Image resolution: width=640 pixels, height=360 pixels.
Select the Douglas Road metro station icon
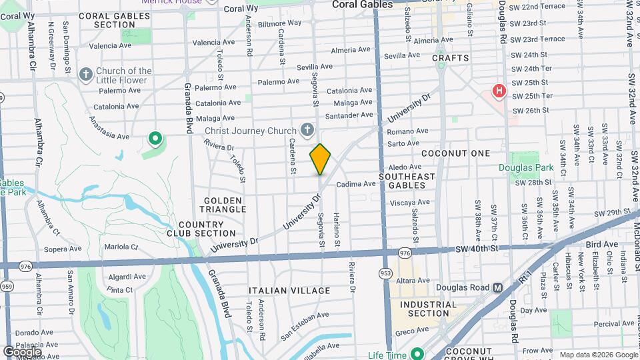(497, 288)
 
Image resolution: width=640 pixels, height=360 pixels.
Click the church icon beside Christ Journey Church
(307, 130)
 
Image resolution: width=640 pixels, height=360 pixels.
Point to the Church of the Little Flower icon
(86, 74)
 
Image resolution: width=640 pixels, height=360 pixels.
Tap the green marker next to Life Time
(417, 354)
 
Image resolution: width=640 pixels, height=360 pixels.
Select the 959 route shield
(7, 286)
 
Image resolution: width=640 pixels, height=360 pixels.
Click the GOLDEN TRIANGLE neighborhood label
(225, 205)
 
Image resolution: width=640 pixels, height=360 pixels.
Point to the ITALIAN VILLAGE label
(289, 291)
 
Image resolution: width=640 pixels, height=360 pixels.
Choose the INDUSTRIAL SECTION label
(429, 309)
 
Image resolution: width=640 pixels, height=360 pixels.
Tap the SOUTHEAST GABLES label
(407, 181)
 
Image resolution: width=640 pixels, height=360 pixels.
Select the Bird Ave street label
(602, 245)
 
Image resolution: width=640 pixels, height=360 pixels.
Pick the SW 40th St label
(477, 249)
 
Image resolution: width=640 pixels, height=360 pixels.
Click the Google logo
(22, 351)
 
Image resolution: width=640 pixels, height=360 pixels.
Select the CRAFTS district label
(451, 58)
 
